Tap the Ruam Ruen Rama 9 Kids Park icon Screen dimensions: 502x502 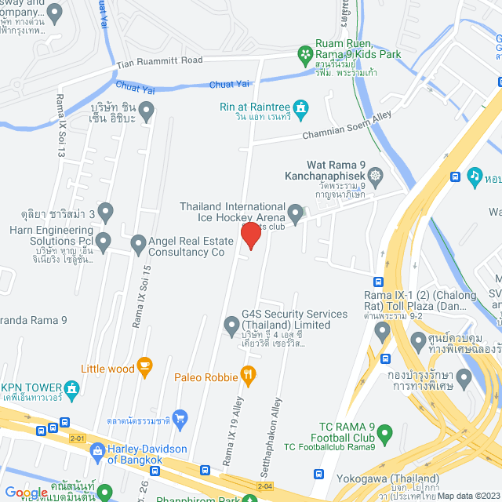[x=304, y=53]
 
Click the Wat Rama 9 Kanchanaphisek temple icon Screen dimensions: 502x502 [x=377, y=174]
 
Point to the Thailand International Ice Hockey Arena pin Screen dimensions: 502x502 [x=295, y=213]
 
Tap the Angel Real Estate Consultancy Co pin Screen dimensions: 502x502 [x=139, y=243]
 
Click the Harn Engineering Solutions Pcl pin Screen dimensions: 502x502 [x=104, y=239]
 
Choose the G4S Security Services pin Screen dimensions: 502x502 [x=231, y=325]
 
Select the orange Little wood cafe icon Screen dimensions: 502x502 [x=144, y=365]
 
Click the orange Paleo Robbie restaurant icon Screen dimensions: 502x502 [x=249, y=376]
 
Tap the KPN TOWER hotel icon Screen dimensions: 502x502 [x=73, y=387]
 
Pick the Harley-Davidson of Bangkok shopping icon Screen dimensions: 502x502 [x=97, y=450]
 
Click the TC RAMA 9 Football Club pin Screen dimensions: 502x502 [x=384, y=432]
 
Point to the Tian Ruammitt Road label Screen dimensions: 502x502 [x=160, y=60]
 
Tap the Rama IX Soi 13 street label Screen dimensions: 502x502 [x=60, y=125]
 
